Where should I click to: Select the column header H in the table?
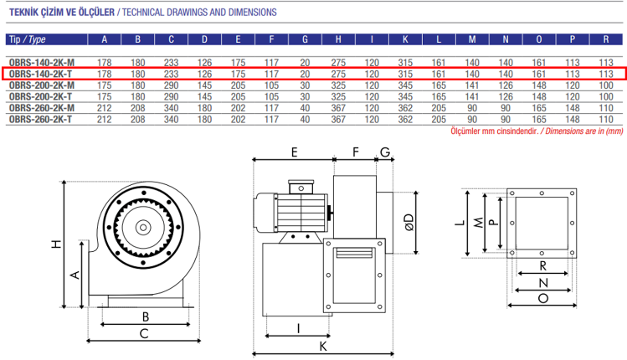tap(337, 39)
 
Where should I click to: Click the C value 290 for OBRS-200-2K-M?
tap(171, 85)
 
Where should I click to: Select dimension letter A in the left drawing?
tap(75, 274)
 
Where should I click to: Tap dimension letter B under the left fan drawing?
tap(145, 316)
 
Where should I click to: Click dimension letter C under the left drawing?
tap(145, 333)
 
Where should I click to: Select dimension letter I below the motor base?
tap(298, 328)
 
